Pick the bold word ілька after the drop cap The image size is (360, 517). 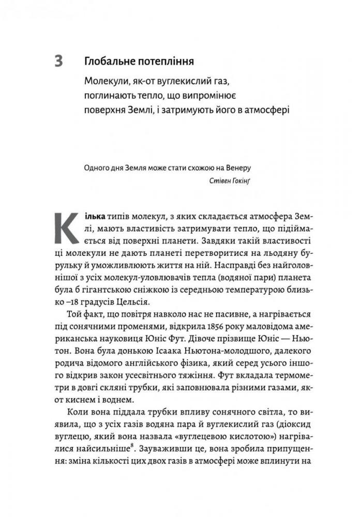[x=96, y=214]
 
